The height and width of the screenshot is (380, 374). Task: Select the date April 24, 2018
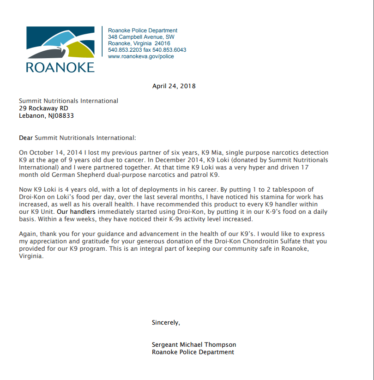(174, 86)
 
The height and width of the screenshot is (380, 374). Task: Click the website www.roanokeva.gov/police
(141, 56)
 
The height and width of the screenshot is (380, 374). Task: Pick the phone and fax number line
(147, 50)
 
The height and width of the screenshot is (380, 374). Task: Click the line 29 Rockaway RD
(43, 109)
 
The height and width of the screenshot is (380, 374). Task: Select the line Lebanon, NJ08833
(46, 116)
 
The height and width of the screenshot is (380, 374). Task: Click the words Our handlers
(76, 212)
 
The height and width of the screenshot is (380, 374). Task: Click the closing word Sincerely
(166, 322)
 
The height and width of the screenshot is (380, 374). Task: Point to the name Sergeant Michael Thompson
(194, 344)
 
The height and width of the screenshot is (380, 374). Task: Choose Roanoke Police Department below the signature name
(193, 352)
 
